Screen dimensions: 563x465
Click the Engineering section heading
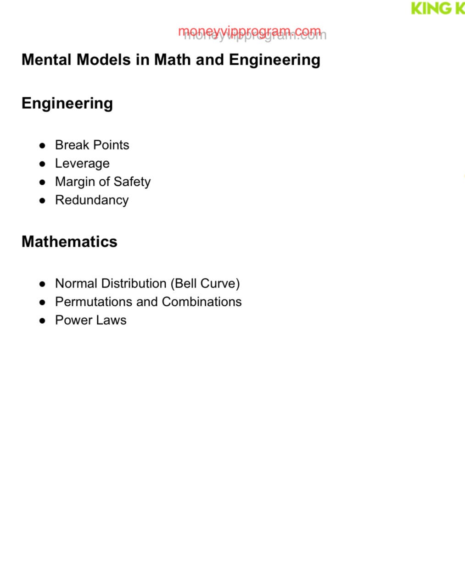click(67, 103)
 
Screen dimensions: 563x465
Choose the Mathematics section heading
click(69, 242)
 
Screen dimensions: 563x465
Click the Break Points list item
click(92, 145)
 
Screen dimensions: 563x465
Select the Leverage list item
click(82, 164)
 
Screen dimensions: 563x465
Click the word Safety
click(132, 182)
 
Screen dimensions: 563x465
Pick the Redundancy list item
click(92, 200)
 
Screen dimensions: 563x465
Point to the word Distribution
click(133, 283)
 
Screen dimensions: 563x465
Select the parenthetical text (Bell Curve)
click(205, 283)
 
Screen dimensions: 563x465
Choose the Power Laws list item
click(90, 320)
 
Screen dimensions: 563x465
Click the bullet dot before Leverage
click(43, 164)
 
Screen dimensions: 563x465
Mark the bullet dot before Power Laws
click(43, 320)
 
